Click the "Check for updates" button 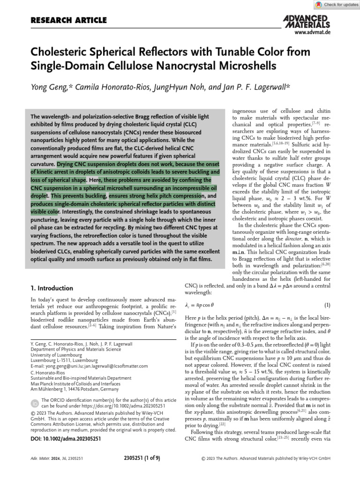pos(336,5)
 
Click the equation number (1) pos(327,305)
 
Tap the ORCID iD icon pos(35,403)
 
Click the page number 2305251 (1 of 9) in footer pos(143,458)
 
